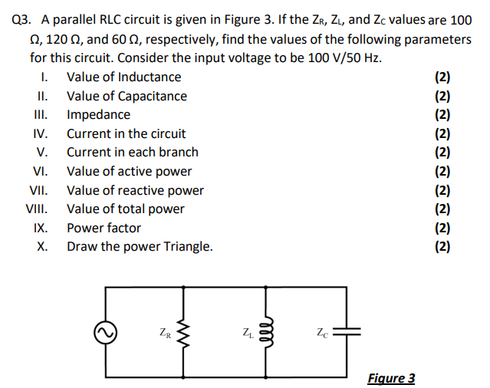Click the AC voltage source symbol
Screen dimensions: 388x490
pos(105,334)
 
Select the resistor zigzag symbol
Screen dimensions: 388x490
pos(183,334)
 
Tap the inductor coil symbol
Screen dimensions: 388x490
pos(265,334)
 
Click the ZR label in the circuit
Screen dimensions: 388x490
pos(164,333)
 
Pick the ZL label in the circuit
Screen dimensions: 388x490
pos(247,333)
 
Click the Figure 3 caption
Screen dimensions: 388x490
pos(391,378)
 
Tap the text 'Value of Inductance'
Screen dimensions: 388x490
pos(124,77)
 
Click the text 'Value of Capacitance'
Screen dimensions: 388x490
pos(127,96)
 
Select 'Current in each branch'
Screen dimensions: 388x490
pos(133,152)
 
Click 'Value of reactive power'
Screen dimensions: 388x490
pos(135,189)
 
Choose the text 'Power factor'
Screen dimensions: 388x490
pos(104,228)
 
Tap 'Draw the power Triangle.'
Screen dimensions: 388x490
pos(140,246)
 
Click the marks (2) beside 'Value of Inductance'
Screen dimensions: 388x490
pos(442,77)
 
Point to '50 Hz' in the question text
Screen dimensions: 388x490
pos(363,58)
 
